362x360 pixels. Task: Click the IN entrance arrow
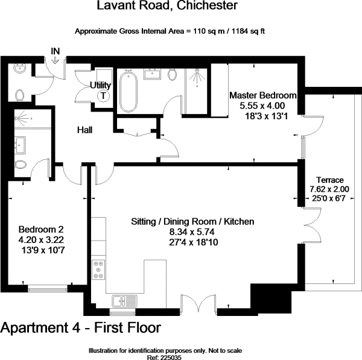pyautogui.click(x=56, y=60)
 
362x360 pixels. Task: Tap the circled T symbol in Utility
pyautogui.click(x=103, y=95)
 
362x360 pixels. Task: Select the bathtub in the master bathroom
pyautogui.click(x=129, y=92)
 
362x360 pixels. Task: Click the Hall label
pyautogui.click(x=84, y=130)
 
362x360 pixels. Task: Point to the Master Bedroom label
pyautogui.click(x=263, y=95)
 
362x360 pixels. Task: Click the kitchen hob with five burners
pyautogui.click(x=98, y=270)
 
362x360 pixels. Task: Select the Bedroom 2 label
pyautogui.click(x=41, y=229)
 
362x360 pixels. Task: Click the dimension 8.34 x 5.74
pyautogui.click(x=192, y=232)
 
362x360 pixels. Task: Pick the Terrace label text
pyautogui.click(x=329, y=180)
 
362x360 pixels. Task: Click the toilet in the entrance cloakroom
pyautogui.click(x=20, y=95)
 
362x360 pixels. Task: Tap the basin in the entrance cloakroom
pyautogui.click(x=20, y=69)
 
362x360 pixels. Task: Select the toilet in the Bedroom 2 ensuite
pyautogui.click(x=21, y=165)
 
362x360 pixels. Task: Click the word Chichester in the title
pyautogui.click(x=207, y=5)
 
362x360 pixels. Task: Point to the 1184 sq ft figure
pyautogui.click(x=248, y=31)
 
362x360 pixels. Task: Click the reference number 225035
pyautogui.click(x=170, y=358)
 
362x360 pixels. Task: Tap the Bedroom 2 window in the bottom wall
pyautogui.click(x=48, y=288)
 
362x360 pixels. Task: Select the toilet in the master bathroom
pyautogui.click(x=172, y=75)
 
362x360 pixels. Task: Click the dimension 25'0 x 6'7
pyautogui.click(x=329, y=198)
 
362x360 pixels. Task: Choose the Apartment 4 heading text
pyautogui.click(x=40, y=327)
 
